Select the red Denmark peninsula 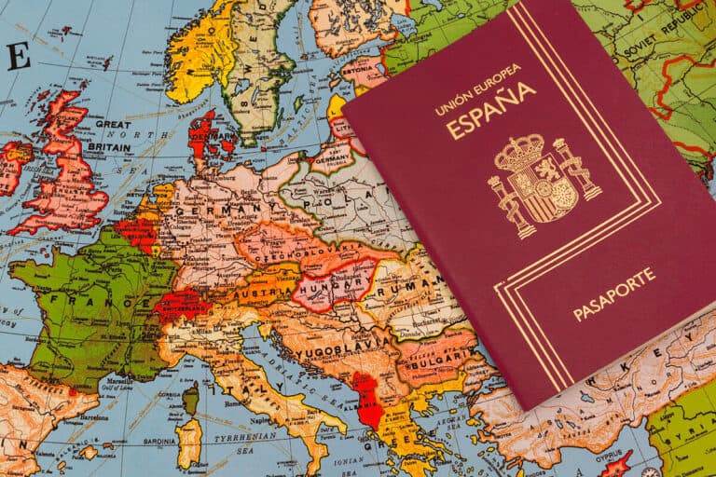(202, 139)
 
